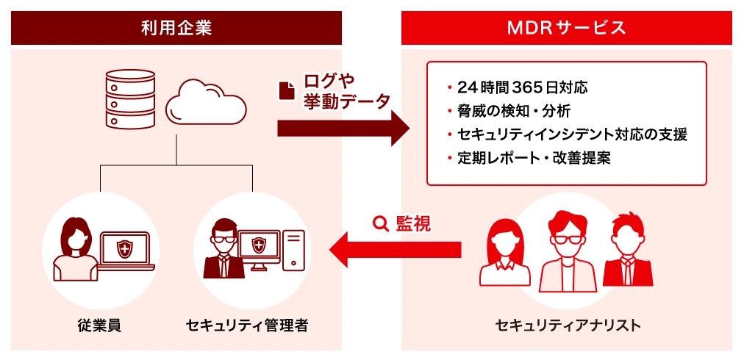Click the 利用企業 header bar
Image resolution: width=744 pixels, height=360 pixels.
(176, 29)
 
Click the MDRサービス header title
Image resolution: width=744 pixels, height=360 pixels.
(566, 29)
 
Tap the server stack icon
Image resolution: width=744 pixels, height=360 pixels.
(131, 99)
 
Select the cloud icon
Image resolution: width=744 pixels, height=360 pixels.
(205, 106)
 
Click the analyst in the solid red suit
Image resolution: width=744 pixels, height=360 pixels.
(627, 253)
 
